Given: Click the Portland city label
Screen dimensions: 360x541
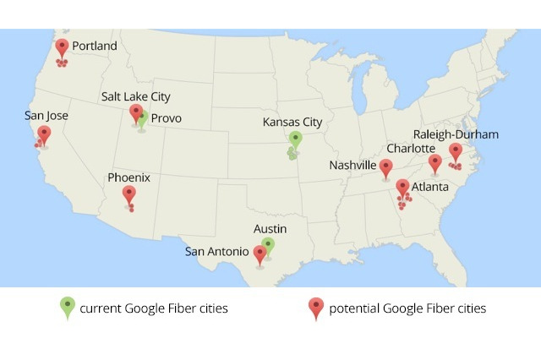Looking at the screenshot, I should click(x=94, y=46).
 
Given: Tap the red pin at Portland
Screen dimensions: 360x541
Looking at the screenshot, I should click(x=62, y=48).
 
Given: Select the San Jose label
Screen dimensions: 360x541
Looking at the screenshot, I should click(x=46, y=116).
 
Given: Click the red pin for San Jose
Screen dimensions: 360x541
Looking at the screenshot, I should click(x=44, y=134).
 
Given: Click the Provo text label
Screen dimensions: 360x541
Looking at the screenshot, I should click(x=167, y=119).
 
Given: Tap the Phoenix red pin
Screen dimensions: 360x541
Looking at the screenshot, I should click(x=128, y=195).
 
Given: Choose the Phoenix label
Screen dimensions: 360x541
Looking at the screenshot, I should click(x=128, y=177).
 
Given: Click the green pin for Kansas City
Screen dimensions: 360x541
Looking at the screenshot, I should click(x=295, y=139).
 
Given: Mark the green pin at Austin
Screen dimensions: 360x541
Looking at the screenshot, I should click(x=268, y=246).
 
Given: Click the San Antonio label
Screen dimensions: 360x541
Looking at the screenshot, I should click(x=217, y=252).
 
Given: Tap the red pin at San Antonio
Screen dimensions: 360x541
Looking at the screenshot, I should click(x=260, y=254).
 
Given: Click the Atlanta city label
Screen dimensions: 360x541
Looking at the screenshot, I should click(x=430, y=188).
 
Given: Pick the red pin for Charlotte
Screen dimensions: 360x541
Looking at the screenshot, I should click(x=434, y=163).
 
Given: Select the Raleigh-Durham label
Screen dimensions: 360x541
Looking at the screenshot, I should click(x=456, y=134).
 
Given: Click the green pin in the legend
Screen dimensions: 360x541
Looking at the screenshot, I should click(x=68, y=308).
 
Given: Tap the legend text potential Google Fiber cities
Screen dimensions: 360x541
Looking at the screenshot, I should click(x=407, y=308).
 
